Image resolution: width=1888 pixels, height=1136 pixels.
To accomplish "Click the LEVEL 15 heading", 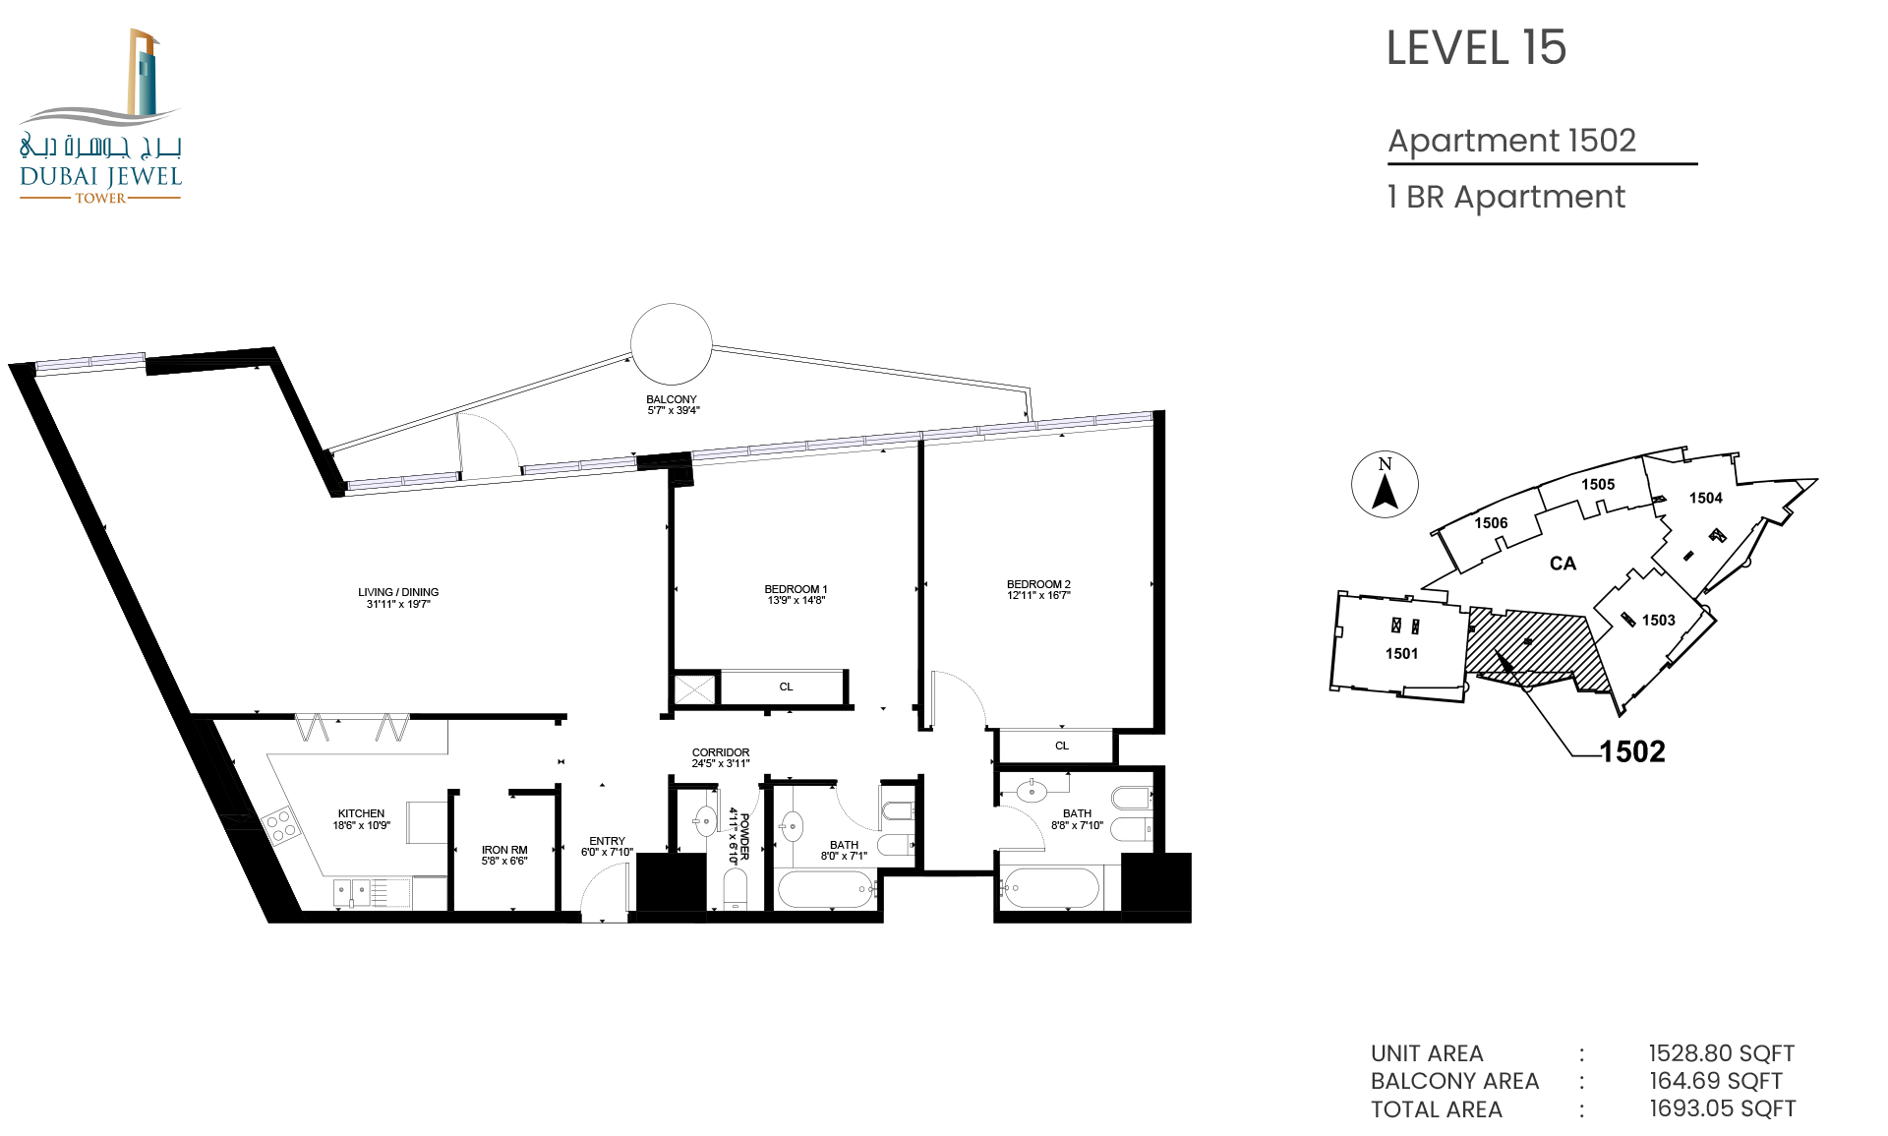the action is point(1476,48).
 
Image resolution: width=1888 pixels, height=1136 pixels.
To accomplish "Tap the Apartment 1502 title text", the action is point(1512,141).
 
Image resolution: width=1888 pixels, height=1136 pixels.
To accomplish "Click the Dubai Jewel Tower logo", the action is point(100,116).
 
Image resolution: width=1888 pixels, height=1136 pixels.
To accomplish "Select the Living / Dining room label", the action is point(398,598).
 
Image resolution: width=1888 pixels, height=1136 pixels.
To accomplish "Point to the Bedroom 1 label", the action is point(796,595).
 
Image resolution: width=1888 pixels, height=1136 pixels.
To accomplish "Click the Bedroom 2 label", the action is point(1038,590).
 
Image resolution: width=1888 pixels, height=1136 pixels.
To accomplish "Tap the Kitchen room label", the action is point(361,819).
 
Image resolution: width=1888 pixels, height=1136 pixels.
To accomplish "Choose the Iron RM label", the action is point(504,856).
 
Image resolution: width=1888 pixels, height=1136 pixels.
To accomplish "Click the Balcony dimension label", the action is point(673,405).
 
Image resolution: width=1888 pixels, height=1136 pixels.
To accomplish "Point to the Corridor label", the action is point(721,757).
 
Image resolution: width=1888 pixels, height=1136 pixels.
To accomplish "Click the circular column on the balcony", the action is point(671,344).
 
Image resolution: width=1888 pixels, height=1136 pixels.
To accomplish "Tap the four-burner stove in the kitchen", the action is point(279,825).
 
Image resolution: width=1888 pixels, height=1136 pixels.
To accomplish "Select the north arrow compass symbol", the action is point(1385,485).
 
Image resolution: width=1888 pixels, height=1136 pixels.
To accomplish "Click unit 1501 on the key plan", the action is point(1401,653).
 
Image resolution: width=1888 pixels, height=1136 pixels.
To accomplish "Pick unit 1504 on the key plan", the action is point(1706,498).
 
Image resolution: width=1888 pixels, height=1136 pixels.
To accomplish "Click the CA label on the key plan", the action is point(1563,564).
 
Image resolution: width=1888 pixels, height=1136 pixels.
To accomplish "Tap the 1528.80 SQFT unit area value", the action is point(1722,1053).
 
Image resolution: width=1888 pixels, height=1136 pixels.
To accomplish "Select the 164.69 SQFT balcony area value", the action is point(1716,1081).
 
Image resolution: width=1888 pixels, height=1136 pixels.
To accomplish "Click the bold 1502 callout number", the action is point(1632,751).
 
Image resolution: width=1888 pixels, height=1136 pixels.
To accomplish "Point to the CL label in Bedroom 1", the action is point(786,688).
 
